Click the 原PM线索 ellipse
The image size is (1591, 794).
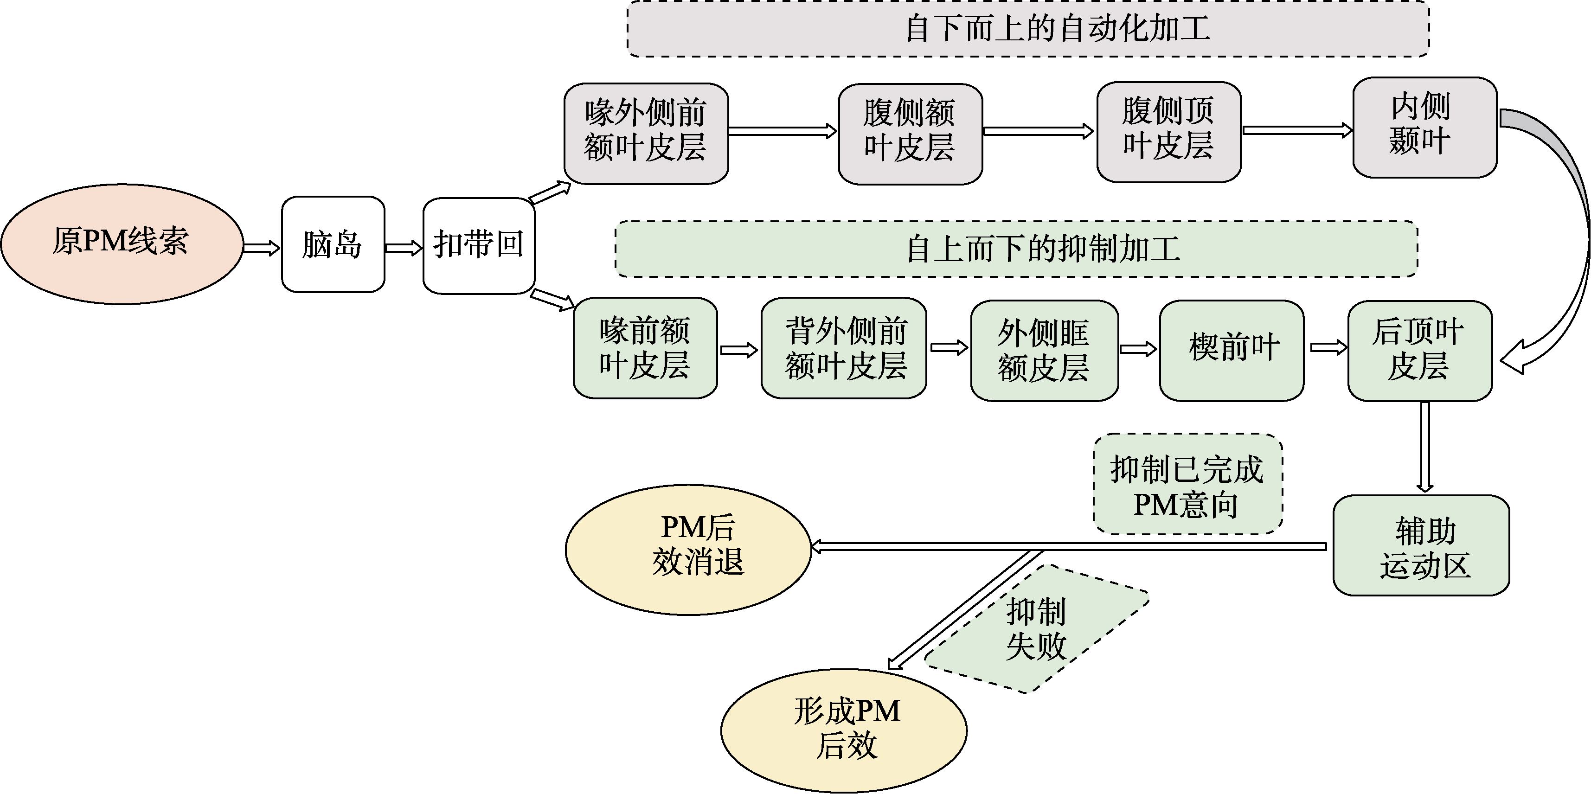(x=122, y=243)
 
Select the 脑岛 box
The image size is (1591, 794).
(x=333, y=244)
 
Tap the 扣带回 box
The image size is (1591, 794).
(x=479, y=245)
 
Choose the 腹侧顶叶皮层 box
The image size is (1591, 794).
(x=1168, y=132)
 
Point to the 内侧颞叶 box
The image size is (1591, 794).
(x=1424, y=127)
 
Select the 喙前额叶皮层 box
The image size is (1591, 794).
(x=645, y=348)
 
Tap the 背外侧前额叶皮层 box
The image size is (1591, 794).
(x=844, y=348)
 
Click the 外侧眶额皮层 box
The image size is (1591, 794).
(x=1044, y=350)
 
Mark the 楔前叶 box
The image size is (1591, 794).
(x=1232, y=350)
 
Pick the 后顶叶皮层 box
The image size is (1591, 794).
(x=1420, y=350)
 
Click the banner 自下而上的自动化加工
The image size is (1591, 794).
(x=1028, y=29)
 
